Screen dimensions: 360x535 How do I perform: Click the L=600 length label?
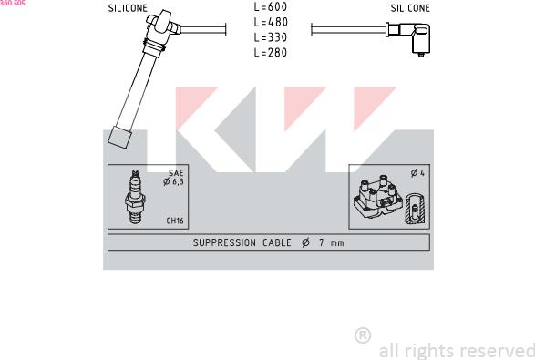[270, 6]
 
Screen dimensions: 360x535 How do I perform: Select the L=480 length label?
[270, 22]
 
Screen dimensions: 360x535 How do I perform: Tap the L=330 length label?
[270, 37]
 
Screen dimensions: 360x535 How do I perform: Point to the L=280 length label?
[270, 53]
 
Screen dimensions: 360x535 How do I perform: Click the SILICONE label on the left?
[128, 7]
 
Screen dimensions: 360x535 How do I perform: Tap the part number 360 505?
[12, 4]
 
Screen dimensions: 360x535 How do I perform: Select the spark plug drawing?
[135, 198]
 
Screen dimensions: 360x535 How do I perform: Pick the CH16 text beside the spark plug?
[175, 221]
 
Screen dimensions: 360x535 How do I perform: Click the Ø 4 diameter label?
[417, 173]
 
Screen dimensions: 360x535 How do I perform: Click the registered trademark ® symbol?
[362, 335]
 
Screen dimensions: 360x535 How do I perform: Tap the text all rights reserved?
[456, 350]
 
